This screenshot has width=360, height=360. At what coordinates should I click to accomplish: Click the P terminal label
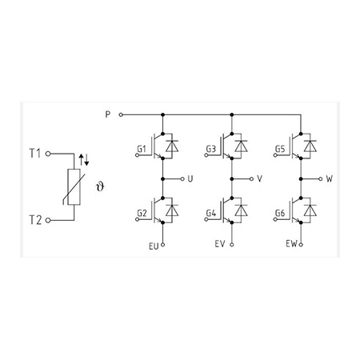(x=107, y=114)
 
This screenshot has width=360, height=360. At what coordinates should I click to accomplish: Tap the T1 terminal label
(x=34, y=154)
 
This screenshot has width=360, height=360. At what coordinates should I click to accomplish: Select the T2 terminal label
(x=35, y=220)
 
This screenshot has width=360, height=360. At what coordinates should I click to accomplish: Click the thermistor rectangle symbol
(x=74, y=187)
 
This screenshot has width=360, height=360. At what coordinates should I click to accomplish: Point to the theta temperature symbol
(x=100, y=186)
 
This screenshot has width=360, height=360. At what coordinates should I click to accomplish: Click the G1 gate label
(x=142, y=149)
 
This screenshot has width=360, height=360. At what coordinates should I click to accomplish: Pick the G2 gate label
(x=142, y=214)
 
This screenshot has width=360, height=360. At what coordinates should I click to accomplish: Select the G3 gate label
(x=210, y=149)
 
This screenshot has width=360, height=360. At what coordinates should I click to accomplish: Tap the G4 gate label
(x=211, y=214)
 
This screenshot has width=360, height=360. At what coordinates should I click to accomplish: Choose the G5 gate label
(x=280, y=149)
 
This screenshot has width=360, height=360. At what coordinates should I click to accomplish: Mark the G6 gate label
(x=280, y=214)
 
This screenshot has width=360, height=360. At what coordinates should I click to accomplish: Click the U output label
(x=190, y=178)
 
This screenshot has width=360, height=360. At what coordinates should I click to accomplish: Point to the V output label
(x=259, y=178)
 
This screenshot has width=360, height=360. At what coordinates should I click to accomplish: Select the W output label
(x=330, y=178)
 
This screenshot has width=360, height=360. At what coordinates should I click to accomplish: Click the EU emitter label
(x=154, y=246)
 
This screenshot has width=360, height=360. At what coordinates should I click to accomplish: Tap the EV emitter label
(x=220, y=244)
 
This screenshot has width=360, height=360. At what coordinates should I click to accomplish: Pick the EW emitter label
(x=291, y=244)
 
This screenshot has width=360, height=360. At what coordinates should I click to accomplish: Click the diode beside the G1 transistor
(x=172, y=146)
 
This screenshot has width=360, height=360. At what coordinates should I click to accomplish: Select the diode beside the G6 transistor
(x=310, y=210)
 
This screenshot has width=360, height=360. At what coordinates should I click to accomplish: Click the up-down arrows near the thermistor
(x=84, y=159)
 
